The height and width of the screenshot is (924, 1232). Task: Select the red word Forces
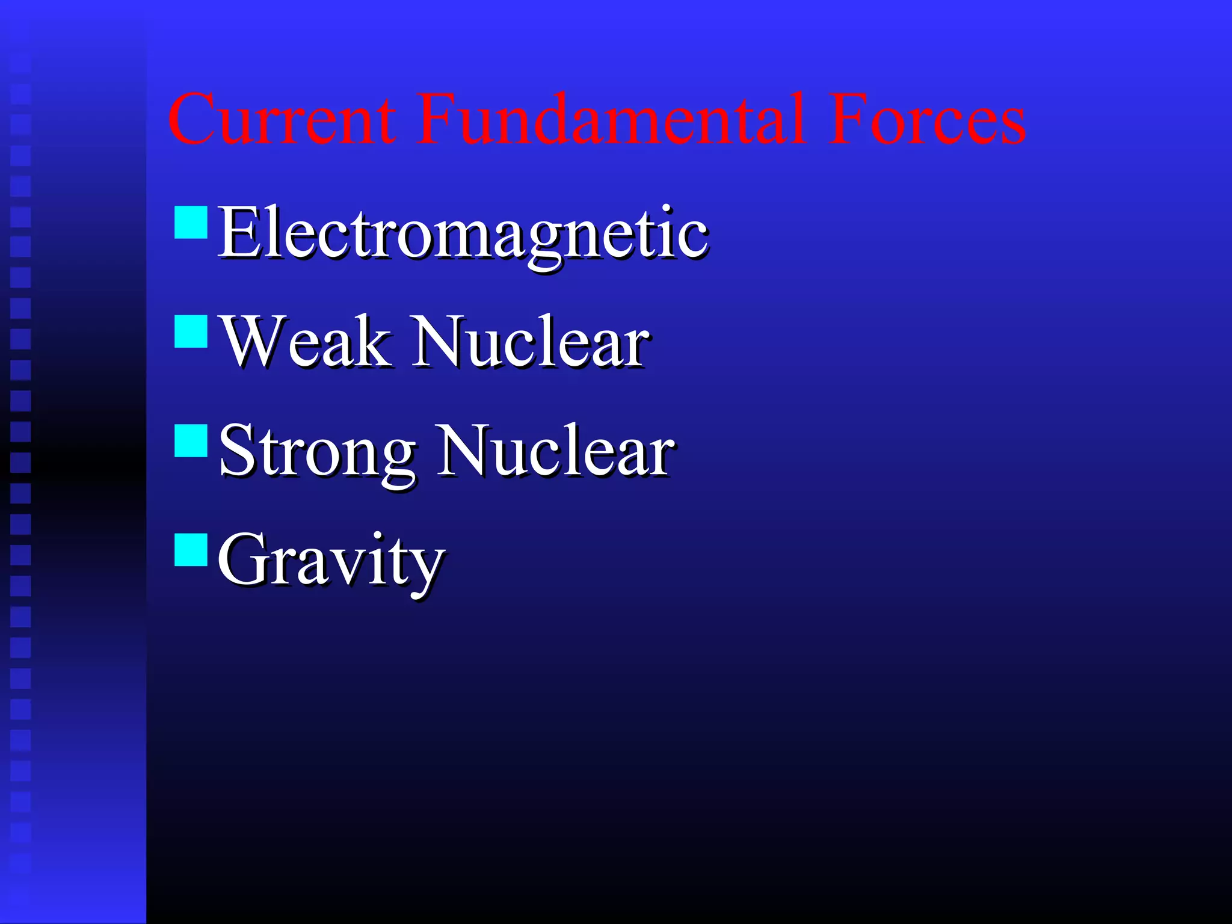coord(926,119)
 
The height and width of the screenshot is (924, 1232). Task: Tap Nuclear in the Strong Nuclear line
coord(555,451)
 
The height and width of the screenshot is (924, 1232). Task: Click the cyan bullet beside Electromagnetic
coord(191,223)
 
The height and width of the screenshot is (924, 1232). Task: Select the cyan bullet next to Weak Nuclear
coord(191,331)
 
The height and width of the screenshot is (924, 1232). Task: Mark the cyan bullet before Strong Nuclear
coord(191,441)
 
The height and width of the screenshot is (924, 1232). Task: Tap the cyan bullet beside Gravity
coord(191,550)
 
